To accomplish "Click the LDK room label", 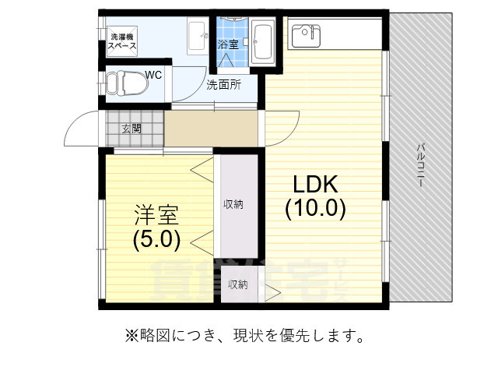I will pos(314,185).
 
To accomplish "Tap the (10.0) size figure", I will pos(314,208).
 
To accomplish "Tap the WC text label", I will pos(153,75).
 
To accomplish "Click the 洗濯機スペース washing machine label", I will pos(122,41).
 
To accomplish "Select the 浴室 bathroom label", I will pos(228,44).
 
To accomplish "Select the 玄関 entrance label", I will pos(132,129).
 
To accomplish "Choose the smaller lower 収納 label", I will pos(237,284).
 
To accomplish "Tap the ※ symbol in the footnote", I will pos(131,337).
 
